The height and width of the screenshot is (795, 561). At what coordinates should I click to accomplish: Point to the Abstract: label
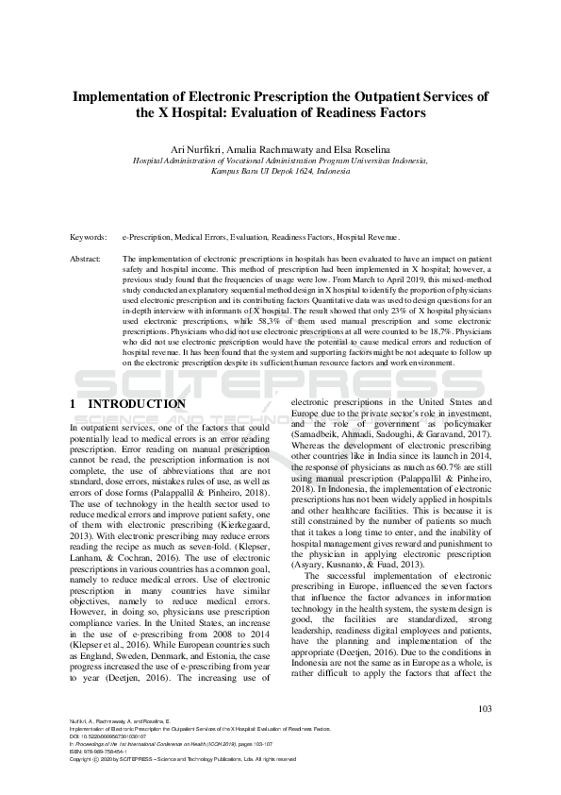pos(87,258)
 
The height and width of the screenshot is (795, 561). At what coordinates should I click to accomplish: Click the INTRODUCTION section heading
pos(137,404)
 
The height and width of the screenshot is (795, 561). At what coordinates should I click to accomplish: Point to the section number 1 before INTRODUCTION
pos(74,404)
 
